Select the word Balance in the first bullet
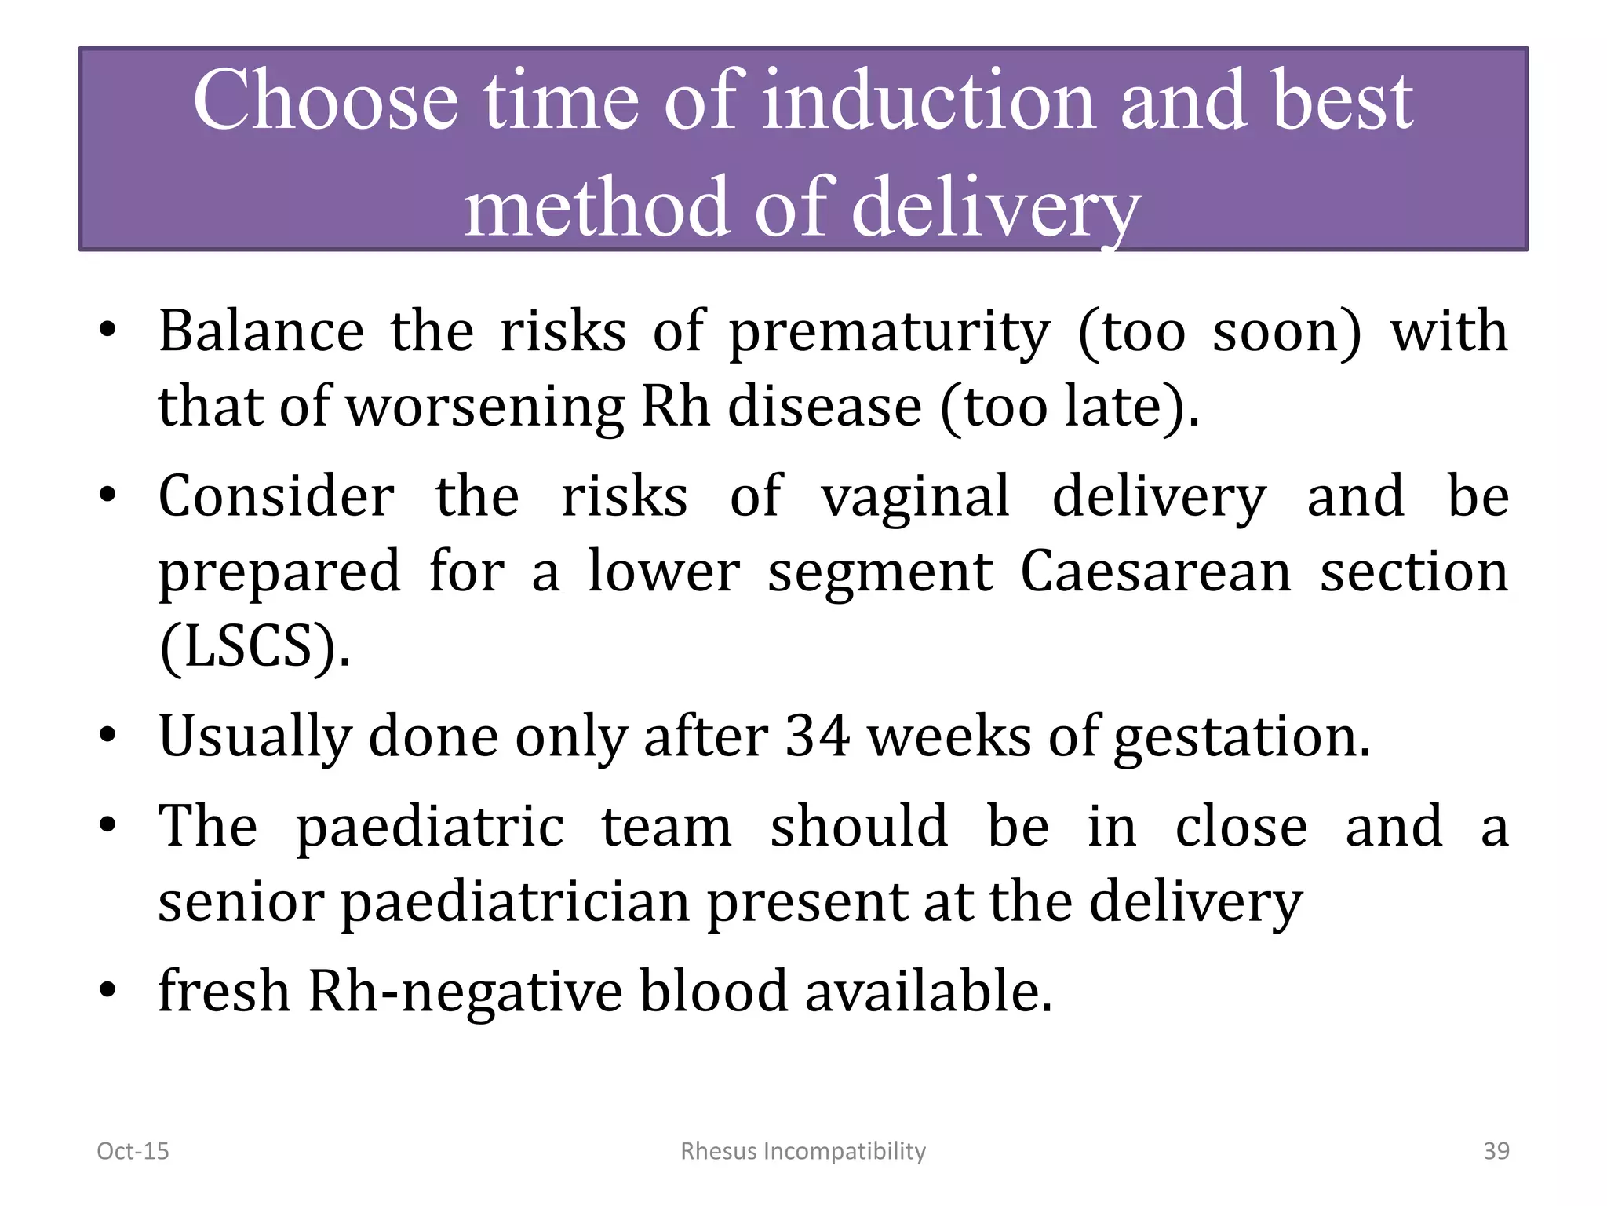[261, 331]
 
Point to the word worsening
[485, 407]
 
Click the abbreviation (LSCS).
[254, 646]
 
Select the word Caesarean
[1155, 571]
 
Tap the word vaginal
[915, 497]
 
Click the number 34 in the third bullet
[818, 736]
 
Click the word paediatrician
[515, 902]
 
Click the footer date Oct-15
[133, 1151]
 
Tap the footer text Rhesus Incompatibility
[803, 1151]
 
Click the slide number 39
[1496, 1151]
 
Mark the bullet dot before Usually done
[107, 736]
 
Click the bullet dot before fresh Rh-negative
[107, 991]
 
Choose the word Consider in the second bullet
[276, 497]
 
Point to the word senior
[241, 902]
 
